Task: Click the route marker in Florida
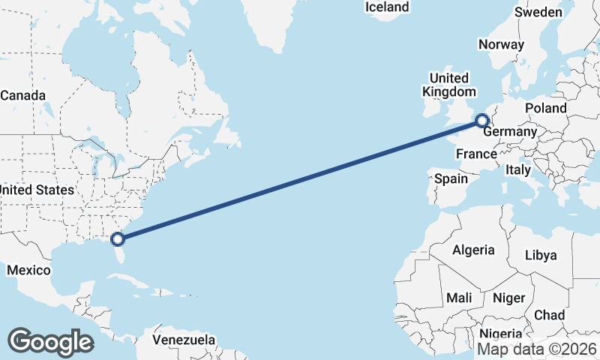pyautogui.click(x=117, y=239)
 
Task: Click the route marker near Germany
pyautogui.click(x=482, y=120)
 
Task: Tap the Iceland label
pyautogui.click(x=387, y=7)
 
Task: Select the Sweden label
pyautogui.click(x=538, y=12)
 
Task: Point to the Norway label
pyautogui.click(x=502, y=44)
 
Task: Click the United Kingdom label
pyautogui.click(x=449, y=85)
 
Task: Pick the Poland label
pyautogui.click(x=546, y=108)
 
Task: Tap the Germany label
pyautogui.click(x=510, y=132)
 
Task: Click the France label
pyautogui.click(x=477, y=154)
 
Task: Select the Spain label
pyautogui.click(x=451, y=179)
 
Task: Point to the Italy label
pyautogui.click(x=517, y=170)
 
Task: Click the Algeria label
pyautogui.click(x=473, y=250)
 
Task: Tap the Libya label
pyautogui.click(x=541, y=255)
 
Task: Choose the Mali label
pyautogui.click(x=459, y=298)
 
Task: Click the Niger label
pyautogui.click(x=508, y=298)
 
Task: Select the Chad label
pyautogui.click(x=550, y=315)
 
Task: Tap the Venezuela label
pyautogui.click(x=184, y=340)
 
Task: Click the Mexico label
pyautogui.click(x=28, y=270)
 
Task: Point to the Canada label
pyautogui.click(x=23, y=96)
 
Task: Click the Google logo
pyautogui.click(x=50, y=342)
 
